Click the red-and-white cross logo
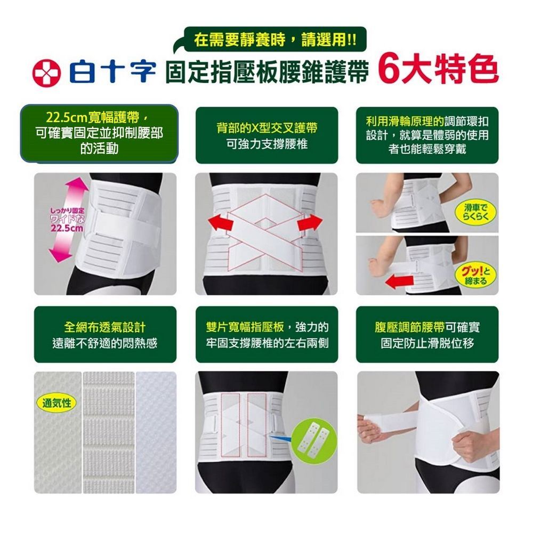tap(46, 72)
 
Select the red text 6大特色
tap(439, 70)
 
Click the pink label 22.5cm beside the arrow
tap(67, 228)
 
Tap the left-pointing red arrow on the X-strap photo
tap(220, 223)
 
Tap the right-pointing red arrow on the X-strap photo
tap(310, 223)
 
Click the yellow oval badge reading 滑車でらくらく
tap(475, 212)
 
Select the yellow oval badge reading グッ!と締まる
tap(475, 276)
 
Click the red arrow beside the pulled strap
tap(399, 281)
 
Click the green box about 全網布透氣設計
tap(105, 335)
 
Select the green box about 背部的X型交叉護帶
tap(267, 135)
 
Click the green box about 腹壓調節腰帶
tap(427, 335)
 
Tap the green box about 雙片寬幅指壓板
tap(267, 335)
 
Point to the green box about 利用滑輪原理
tap(427, 135)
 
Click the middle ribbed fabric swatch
tap(109, 432)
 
